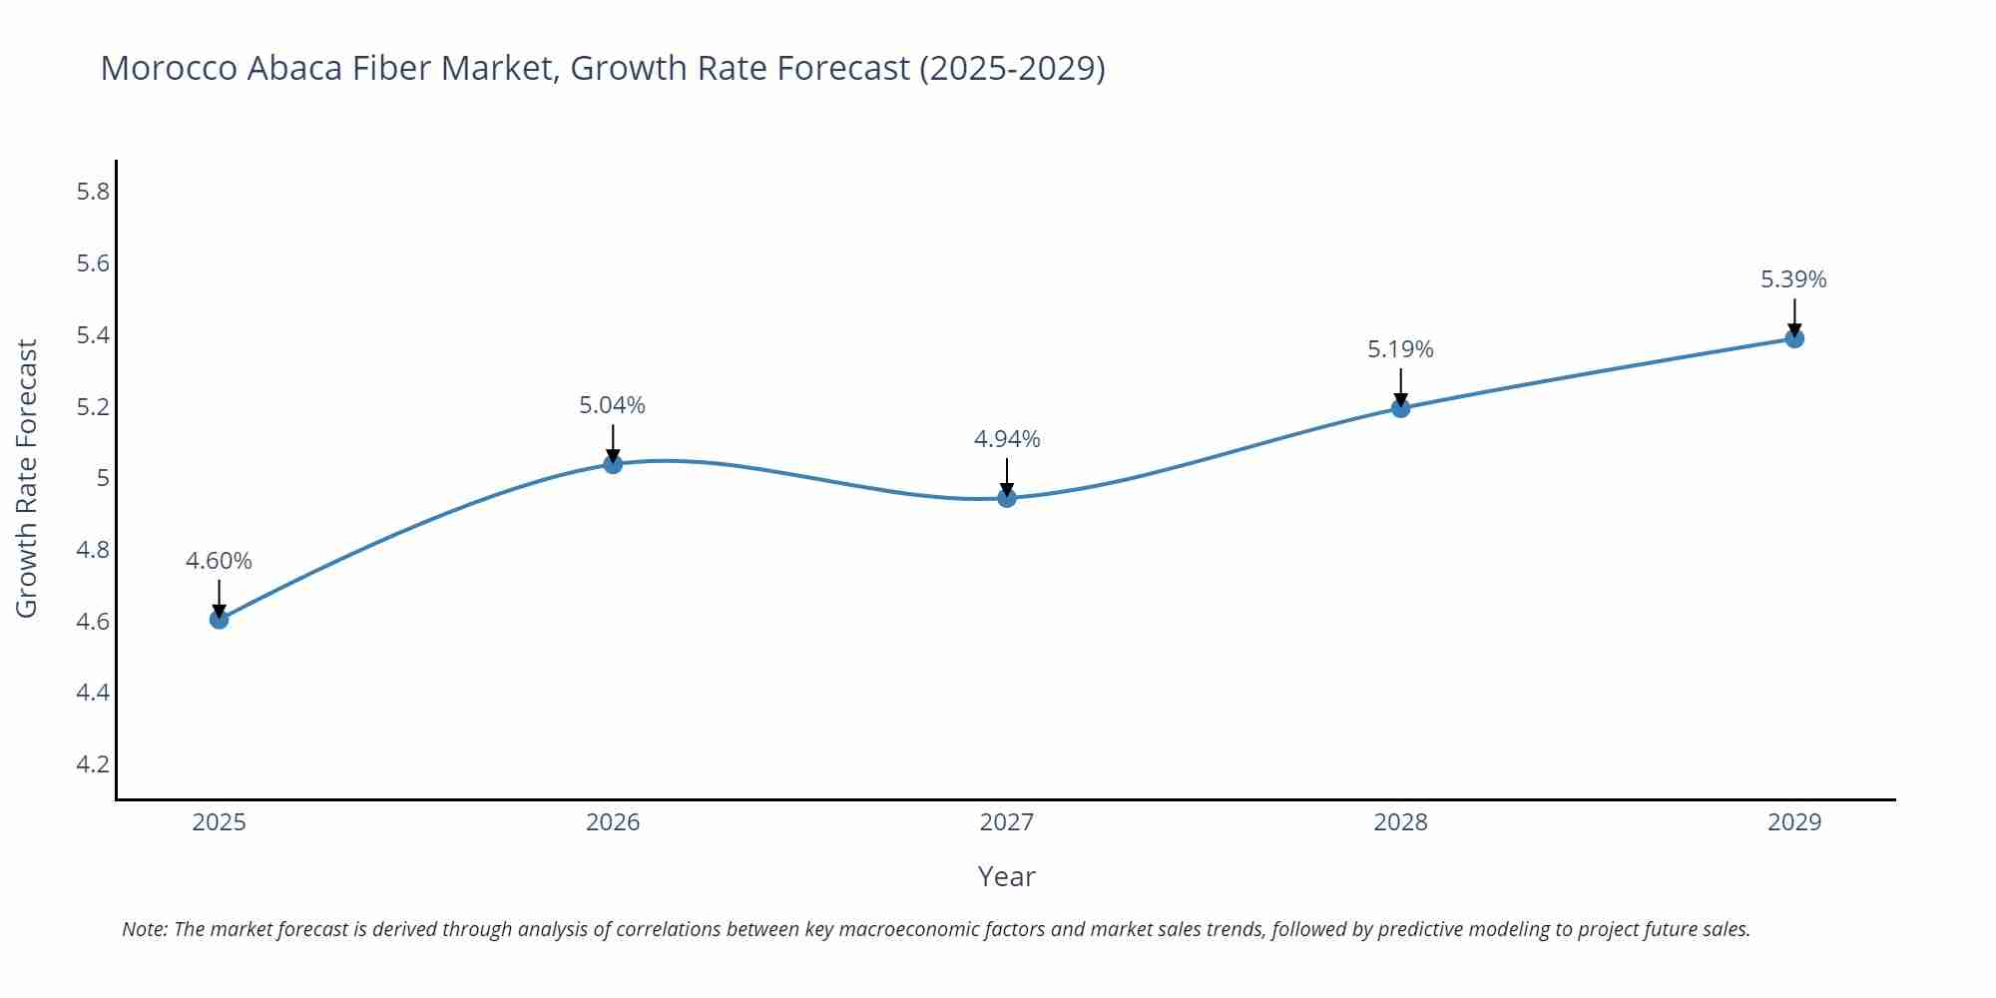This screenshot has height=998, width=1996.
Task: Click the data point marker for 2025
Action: click(x=219, y=620)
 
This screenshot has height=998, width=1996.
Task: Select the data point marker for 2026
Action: click(x=613, y=464)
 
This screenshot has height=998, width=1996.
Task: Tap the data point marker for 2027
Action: click(x=1007, y=498)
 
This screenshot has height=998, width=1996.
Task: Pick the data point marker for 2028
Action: click(x=1400, y=408)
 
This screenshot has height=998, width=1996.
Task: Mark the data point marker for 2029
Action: click(x=1794, y=338)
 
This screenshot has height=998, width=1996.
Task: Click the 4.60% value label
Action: click(x=219, y=561)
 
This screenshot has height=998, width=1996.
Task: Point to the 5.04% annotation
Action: click(x=613, y=405)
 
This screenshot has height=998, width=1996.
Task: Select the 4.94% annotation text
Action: click(x=1007, y=439)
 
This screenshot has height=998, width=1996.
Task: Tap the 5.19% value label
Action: click(x=1400, y=349)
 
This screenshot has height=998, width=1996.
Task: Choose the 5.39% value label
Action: click(x=1793, y=279)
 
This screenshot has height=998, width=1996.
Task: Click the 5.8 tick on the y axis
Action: click(x=93, y=192)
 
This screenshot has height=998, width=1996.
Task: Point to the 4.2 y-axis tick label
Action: click(x=93, y=764)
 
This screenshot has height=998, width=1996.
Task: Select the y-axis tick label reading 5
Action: click(x=102, y=478)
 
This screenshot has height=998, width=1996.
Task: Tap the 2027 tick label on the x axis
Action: click(x=1007, y=822)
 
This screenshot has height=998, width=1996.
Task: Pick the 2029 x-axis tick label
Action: click(x=1794, y=822)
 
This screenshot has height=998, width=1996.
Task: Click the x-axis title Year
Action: click(x=1006, y=876)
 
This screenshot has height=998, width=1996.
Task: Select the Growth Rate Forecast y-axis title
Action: click(x=27, y=478)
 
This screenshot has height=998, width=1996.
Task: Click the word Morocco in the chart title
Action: click(x=169, y=68)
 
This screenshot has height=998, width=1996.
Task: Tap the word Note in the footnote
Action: click(x=144, y=929)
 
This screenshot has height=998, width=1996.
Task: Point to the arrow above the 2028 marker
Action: click(x=1400, y=387)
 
